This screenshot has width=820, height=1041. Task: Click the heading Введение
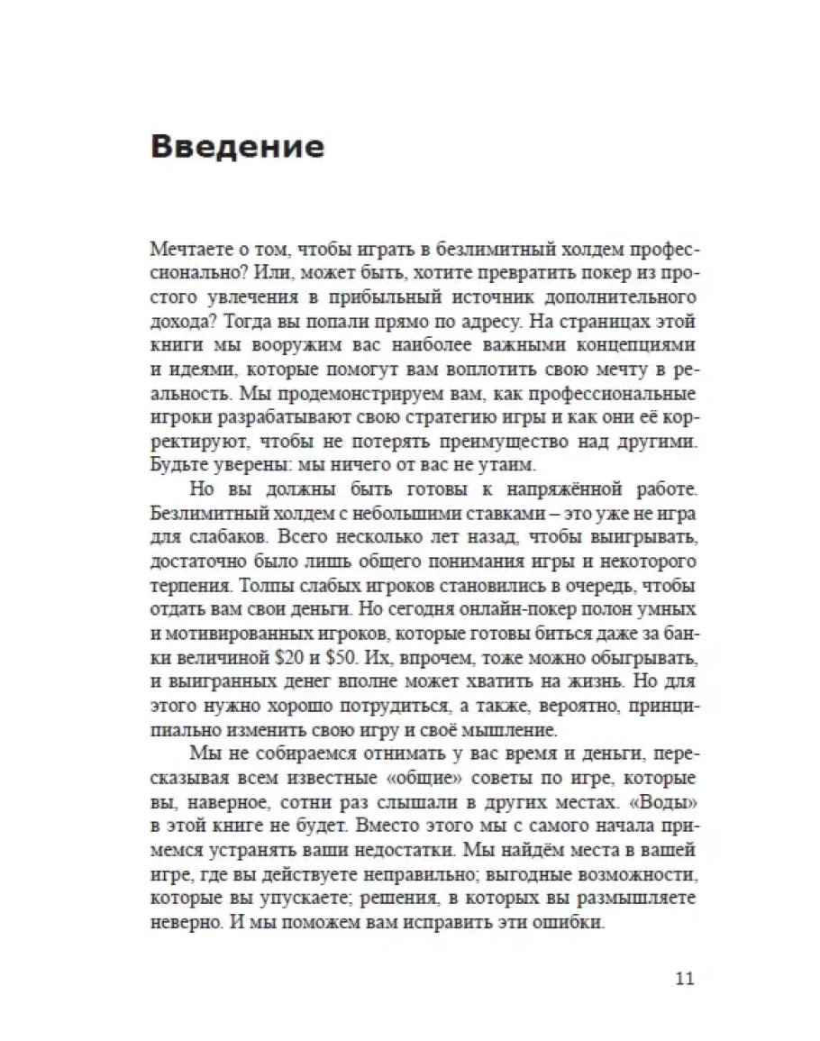(x=237, y=146)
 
